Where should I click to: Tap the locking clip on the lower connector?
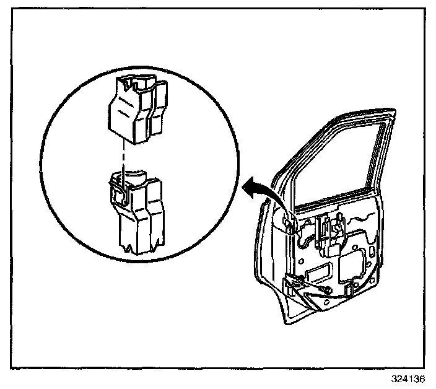[x=120, y=193]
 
